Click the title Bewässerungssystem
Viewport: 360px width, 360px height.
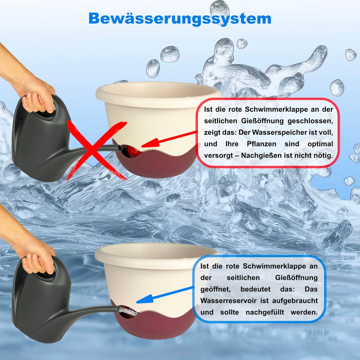(x=180, y=18)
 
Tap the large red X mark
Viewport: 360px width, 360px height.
(x=96, y=150)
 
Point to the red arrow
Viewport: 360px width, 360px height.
(x=169, y=139)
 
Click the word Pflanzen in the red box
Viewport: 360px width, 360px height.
(x=261, y=144)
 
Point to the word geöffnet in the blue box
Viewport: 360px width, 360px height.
(x=215, y=289)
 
